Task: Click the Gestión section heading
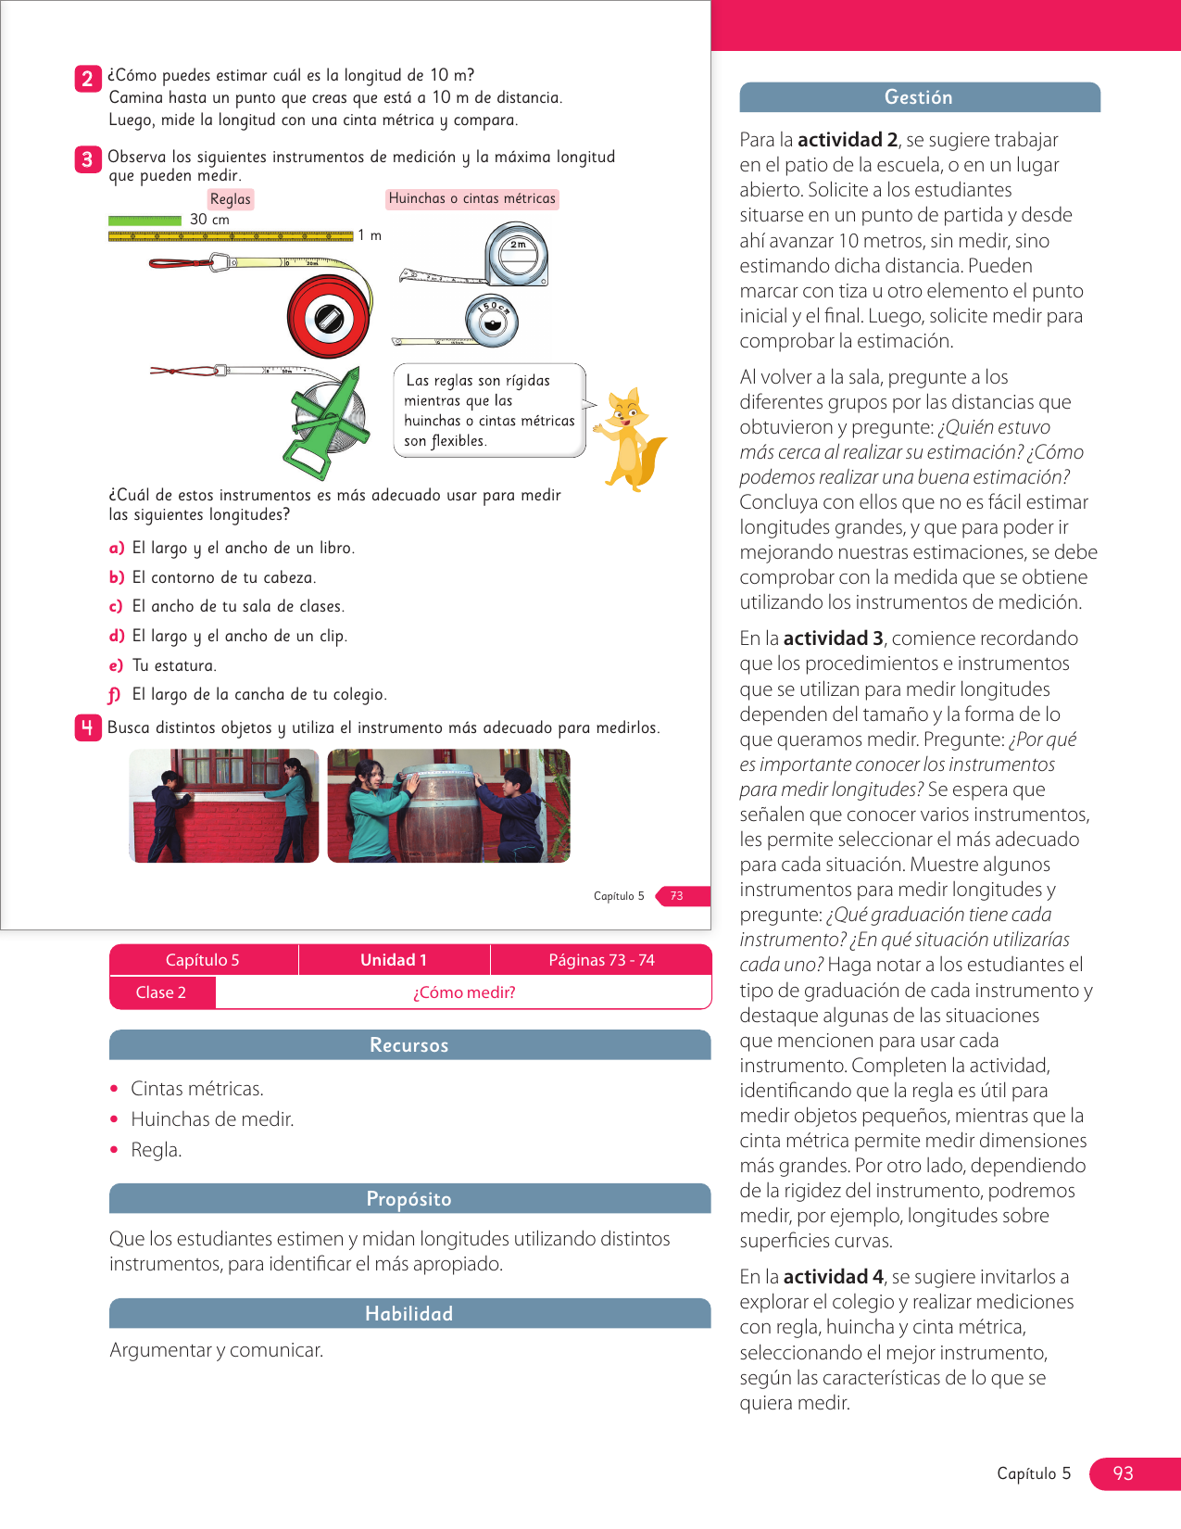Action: point(919,97)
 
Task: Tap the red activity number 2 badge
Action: point(87,78)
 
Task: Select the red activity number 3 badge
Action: point(87,159)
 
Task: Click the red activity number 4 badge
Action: point(87,728)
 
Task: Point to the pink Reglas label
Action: point(230,199)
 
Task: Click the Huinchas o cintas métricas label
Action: point(471,198)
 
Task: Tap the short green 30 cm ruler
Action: point(144,221)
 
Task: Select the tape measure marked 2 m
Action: point(516,254)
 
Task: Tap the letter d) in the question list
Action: point(117,636)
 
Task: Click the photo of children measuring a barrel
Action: point(448,806)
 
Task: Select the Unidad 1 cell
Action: point(394,960)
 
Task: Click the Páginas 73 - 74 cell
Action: point(601,960)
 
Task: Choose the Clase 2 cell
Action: point(161,992)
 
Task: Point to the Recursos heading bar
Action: point(409,1045)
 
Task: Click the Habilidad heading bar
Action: point(409,1314)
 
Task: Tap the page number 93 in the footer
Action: point(1123,1473)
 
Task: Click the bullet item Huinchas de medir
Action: point(212,1119)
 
